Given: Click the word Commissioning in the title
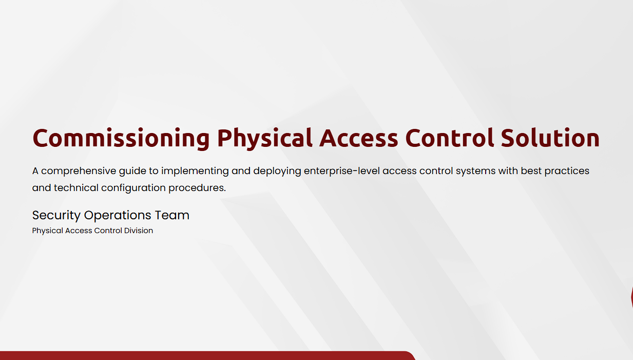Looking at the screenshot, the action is click(121, 139).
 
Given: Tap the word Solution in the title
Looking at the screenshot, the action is click(550, 138).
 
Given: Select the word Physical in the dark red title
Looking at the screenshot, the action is click(265, 139).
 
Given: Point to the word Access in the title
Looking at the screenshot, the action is click(359, 138).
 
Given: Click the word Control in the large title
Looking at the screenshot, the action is click(450, 138).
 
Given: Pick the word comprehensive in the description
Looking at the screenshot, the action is click(79, 171).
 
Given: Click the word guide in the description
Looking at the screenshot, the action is click(132, 172).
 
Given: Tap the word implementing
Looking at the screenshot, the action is click(195, 172).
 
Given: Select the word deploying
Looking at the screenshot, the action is click(277, 172).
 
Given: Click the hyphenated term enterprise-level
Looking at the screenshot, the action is click(342, 171).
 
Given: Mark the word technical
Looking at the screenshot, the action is click(76, 187).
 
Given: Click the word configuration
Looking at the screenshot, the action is click(133, 188).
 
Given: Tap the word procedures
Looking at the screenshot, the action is click(197, 188).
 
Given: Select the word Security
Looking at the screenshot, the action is click(56, 216).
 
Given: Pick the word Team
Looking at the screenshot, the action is click(172, 215).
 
